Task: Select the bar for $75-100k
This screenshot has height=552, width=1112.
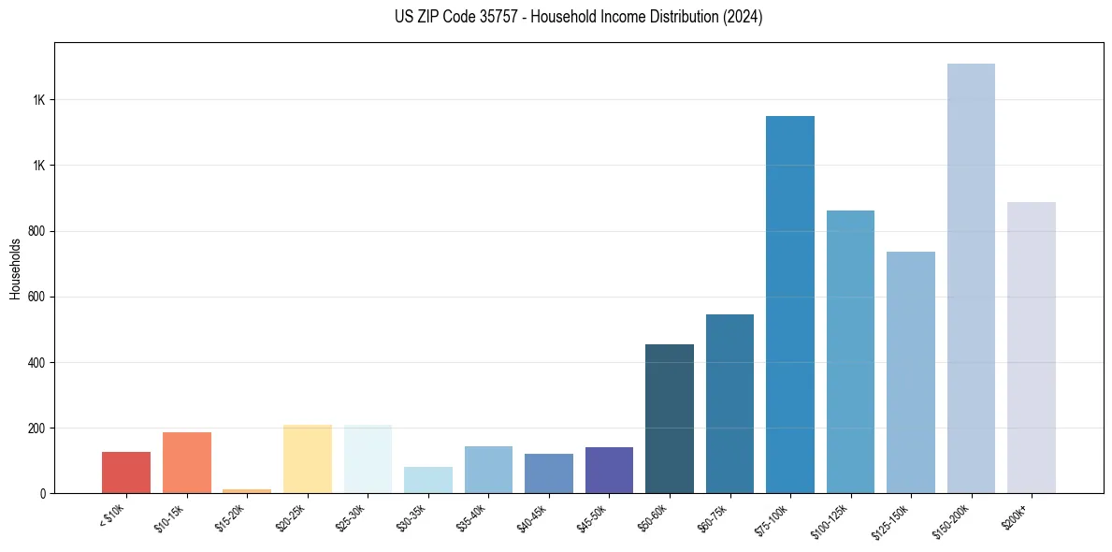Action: pos(790,304)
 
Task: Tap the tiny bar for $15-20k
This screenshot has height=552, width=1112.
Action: pos(247,490)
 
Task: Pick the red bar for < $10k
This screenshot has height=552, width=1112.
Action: pos(126,472)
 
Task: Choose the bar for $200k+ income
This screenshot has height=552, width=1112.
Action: pos(1032,347)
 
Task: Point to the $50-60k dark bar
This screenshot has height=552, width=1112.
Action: pos(670,418)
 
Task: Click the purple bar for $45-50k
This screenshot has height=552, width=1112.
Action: pos(609,470)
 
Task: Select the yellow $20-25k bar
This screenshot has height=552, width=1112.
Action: pos(308,458)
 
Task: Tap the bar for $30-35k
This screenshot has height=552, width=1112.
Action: pos(428,480)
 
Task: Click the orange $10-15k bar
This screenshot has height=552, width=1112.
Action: pos(187,462)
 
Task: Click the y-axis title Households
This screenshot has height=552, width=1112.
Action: pos(16,269)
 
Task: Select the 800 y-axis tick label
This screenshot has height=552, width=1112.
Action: pos(36,231)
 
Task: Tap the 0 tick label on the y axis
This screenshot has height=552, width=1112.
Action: pos(43,493)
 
